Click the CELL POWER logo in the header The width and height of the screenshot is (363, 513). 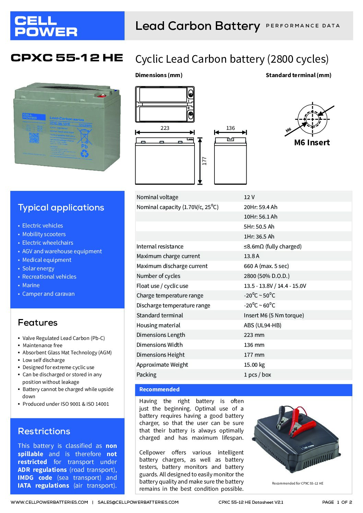[x=46, y=26]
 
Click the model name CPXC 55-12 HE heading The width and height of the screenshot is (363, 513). [x=67, y=58]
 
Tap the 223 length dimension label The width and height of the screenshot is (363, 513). [x=165, y=128]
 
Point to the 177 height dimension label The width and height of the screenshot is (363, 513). [x=204, y=161]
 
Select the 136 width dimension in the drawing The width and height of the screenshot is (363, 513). [x=231, y=128]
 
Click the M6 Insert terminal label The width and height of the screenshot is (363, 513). [x=312, y=143]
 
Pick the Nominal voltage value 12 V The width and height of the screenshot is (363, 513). [x=249, y=197]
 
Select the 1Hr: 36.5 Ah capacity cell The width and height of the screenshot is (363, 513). [x=259, y=236]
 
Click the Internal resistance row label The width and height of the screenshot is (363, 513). [x=160, y=246]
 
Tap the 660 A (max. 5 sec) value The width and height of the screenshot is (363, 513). [x=266, y=266]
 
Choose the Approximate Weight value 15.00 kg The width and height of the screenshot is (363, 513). [x=254, y=365]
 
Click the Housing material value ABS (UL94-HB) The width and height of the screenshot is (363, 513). [x=262, y=325]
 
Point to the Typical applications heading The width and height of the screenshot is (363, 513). [x=61, y=207]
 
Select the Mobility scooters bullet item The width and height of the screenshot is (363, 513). [x=44, y=234]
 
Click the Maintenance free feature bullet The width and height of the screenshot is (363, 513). [x=43, y=345]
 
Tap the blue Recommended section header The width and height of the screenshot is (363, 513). [x=244, y=389]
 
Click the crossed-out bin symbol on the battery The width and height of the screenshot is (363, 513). [x=85, y=136]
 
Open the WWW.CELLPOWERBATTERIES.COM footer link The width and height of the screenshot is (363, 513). [x=49, y=502]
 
